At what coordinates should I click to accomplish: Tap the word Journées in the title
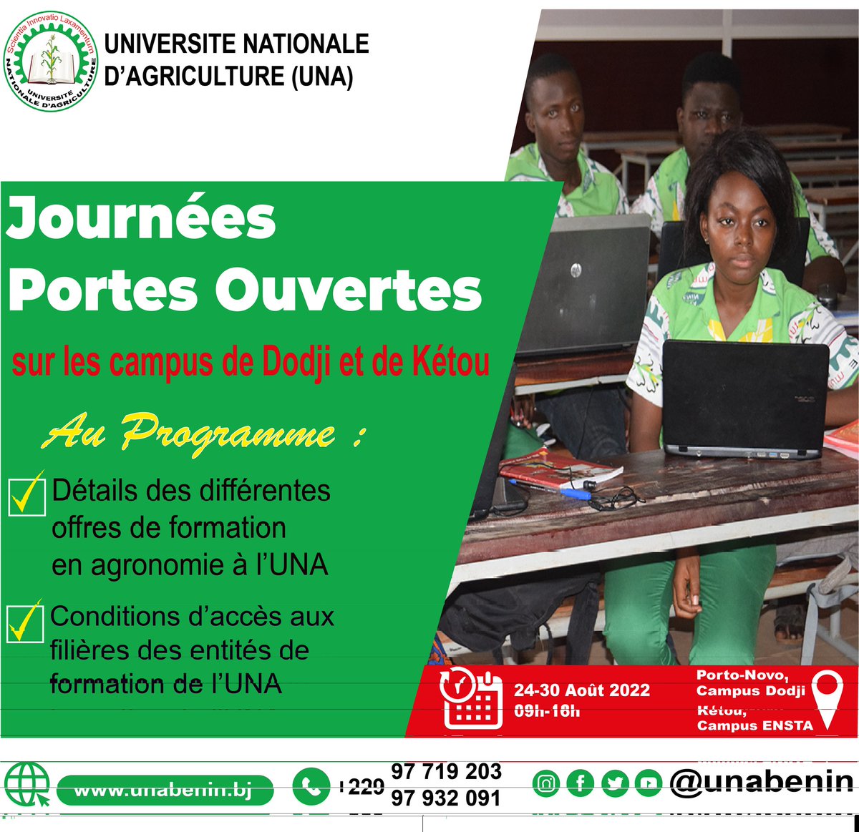pos(141,219)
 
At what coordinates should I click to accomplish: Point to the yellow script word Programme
pos(228,433)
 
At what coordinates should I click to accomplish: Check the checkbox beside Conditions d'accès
pos(25,622)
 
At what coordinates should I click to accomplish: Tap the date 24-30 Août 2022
pos(581,690)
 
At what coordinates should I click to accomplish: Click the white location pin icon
pos(828,697)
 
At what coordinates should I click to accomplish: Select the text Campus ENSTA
pos(754,725)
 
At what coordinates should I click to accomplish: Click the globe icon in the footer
pos(27,785)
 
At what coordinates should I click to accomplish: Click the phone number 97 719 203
pos(445,772)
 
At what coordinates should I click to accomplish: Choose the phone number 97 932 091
pos(445,798)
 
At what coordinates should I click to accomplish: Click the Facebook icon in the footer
pos(580,783)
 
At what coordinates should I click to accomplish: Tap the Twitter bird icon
pos(614,783)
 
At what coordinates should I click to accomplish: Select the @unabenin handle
pos(762,782)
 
